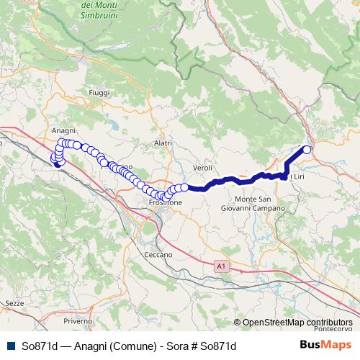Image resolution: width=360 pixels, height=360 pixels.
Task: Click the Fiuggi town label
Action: [x=97, y=93]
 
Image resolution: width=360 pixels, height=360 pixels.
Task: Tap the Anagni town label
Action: [x=63, y=130]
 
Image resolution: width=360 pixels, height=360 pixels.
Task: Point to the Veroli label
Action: [x=202, y=167]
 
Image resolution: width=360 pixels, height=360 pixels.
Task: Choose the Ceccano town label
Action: [x=158, y=255]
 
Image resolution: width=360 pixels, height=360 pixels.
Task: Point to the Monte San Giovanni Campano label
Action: [x=260, y=204]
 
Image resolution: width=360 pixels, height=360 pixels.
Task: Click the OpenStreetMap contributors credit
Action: [x=297, y=323]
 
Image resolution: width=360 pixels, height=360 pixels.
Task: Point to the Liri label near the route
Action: [x=296, y=177]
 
